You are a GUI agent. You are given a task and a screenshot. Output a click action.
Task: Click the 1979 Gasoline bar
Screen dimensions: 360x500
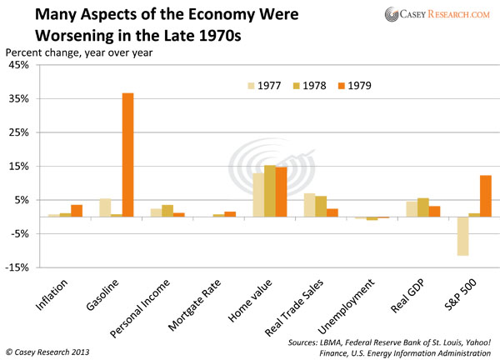[x=127, y=155]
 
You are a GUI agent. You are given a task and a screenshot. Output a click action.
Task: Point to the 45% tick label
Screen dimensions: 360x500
[x=18, y=65]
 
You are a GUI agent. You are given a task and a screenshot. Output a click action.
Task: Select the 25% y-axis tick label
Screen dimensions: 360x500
[x=18, y=132]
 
